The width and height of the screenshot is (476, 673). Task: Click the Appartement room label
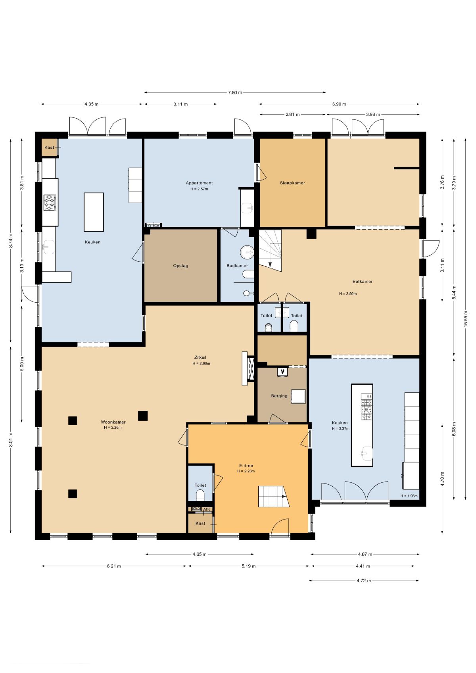coord(199,183)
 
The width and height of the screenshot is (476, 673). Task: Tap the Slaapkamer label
coord(292,183)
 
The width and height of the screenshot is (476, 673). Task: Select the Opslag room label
coord(180,266)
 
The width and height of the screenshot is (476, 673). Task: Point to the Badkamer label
coord(237,266)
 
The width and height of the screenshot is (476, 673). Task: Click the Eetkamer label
coord(363,282)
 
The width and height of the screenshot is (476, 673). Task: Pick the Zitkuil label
coord(200,358)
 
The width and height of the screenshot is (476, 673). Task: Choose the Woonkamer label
coord(113,422)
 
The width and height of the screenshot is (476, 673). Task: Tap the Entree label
coord(246,466)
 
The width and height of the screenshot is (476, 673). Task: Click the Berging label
coord(279,396)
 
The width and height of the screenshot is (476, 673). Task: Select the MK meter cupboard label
coord(207,509)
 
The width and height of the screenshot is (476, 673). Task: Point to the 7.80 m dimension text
coord(235,92)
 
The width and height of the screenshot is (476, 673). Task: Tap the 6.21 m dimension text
coord(114,566)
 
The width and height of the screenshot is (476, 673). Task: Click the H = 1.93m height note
coord(409,496)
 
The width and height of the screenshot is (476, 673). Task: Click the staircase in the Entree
coord(274,497)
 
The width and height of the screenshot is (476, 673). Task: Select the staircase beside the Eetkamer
coord(270,251)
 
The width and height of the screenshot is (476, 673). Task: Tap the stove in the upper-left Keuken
coord(50,203)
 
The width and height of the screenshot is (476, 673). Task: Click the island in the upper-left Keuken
coord(94,212)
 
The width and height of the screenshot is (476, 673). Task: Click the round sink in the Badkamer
coord(247,252)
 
